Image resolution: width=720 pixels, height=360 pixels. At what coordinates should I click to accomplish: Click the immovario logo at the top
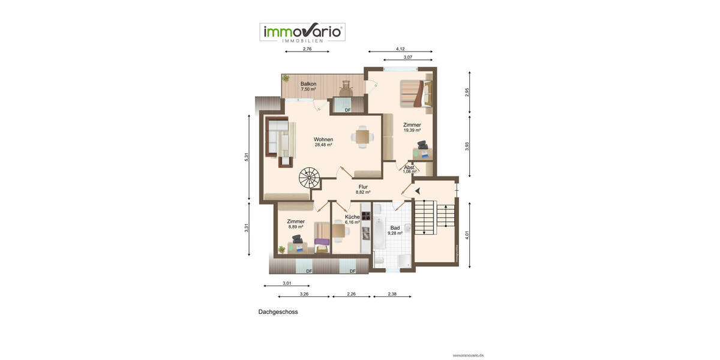click(x=302, y=32)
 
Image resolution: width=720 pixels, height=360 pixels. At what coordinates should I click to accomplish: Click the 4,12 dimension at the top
click(x=400, y=48)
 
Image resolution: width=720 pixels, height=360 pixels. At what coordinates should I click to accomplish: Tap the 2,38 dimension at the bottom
click(x=392, y=294)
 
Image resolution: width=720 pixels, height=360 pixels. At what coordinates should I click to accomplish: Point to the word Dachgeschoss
click(x=278, y=312)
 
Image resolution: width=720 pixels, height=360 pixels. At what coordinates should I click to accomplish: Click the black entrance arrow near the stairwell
click(x=417, y=191)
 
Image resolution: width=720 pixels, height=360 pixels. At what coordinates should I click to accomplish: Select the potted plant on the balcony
click(x=286, y=78)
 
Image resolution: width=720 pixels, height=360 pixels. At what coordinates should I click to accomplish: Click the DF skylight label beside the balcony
click(x=347, y=110)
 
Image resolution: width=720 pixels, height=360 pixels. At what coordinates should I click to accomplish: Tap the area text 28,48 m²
click(x=323, y=145)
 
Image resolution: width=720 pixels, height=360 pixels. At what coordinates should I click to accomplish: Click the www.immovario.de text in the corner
click(x=468, y=355)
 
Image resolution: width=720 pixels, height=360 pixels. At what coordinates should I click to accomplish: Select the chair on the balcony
click(x=345, y=87)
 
